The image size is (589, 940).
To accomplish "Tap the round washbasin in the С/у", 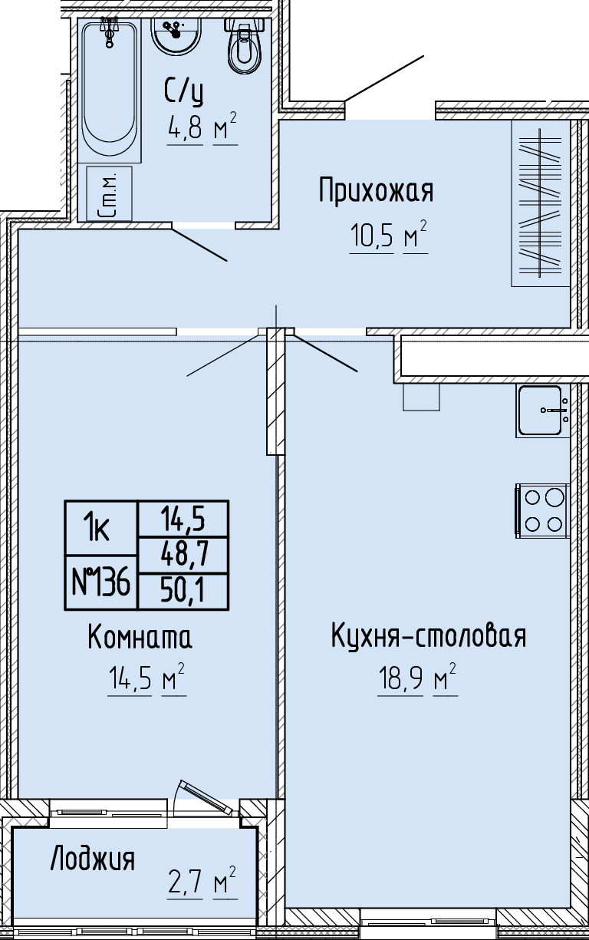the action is (x=176, y=35).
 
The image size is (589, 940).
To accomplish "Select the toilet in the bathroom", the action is (x=245, y=46).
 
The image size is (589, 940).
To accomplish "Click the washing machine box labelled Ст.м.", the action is (x=109, y=193).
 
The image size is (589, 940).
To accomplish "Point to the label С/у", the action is (x=184, y=92).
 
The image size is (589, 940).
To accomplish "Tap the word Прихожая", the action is (x=377, y=190).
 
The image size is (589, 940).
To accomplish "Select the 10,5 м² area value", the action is (x=389, y=236).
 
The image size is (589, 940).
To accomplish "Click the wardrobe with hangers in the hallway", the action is (x=541, y=203).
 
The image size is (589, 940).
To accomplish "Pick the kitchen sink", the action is (x=542, y=411).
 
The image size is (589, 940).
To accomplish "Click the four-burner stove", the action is (x=542, y=510).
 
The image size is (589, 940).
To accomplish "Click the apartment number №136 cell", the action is (x=100, y=582).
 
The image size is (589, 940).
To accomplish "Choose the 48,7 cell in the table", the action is (x=183, y=555).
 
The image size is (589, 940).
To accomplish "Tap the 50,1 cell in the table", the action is (x=183, y=591).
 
